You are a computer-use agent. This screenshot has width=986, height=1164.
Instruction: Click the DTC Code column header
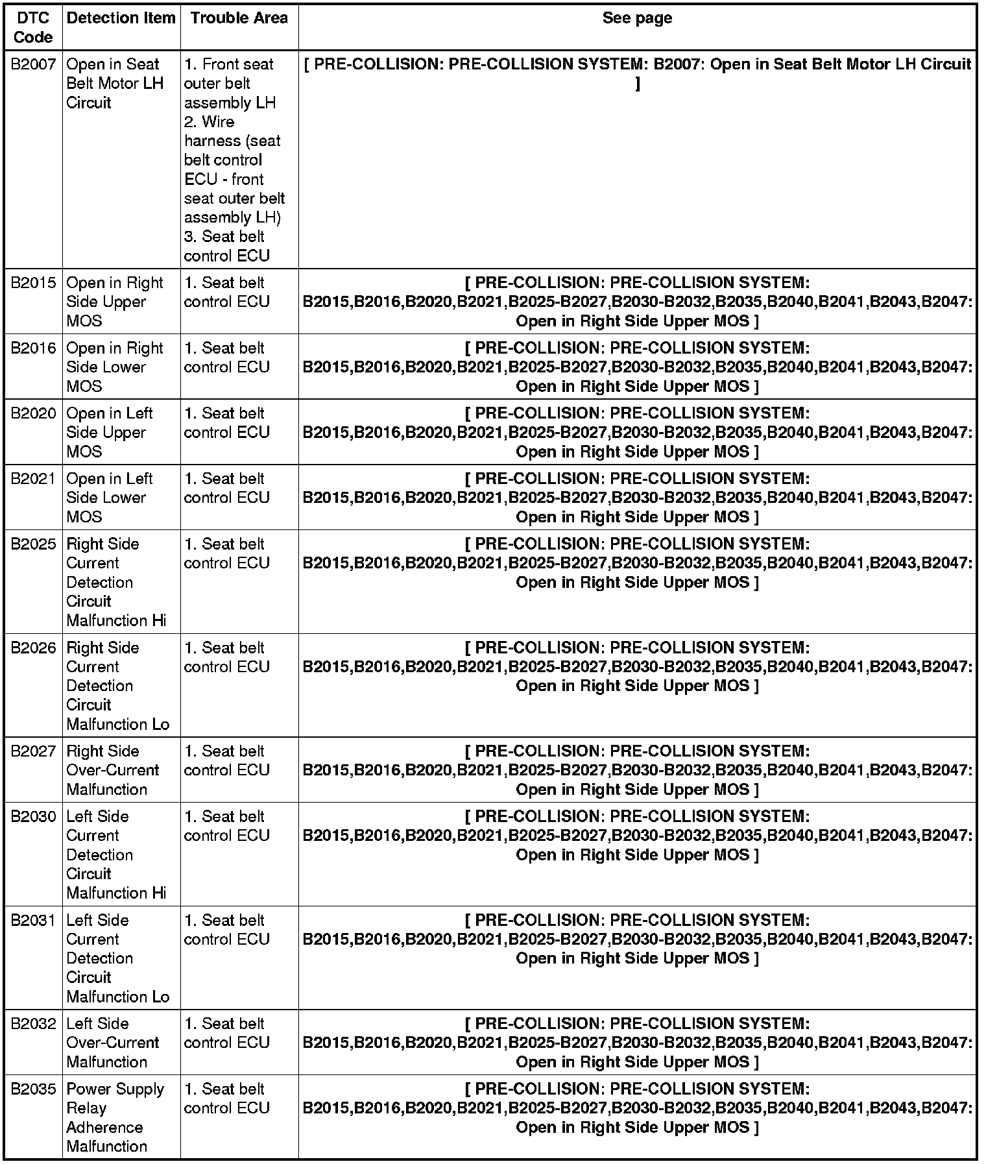pyautogui.click(x=32, y=27)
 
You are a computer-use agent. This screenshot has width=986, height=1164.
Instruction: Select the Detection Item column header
pyautogui.click(x=121, y=18)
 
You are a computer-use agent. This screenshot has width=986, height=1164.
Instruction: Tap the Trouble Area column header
pyautogui.click(x=239, y=18)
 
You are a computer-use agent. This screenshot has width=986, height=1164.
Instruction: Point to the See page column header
pyautogui.click(x=636, y=18)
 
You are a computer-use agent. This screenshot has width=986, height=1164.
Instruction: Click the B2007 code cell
pyautogui.click(x=33, y=64)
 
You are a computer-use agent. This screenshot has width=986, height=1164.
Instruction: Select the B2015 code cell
pyautogui.click(x=33, y=283)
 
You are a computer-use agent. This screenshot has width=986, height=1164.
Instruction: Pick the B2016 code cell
pyautogui.click(x=33, y=348)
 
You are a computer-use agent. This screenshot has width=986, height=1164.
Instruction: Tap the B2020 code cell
pyautogui.click(x=33, y=413)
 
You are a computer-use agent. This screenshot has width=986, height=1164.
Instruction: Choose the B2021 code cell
pyautogui.click(x=33, y=479)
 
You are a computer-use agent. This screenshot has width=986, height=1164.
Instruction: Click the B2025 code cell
pyautogui.click(x=33, y=544)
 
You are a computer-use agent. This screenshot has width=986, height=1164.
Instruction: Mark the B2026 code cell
pyautogui.click(x=33, y=648)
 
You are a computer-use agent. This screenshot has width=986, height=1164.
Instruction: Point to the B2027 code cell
pyautogui.click(x=33, y=751)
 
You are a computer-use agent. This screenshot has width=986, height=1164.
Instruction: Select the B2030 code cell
pyautogui.click(x=33, y=816)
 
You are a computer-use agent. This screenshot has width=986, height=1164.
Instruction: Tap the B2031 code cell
pyautogui.click(x=33, y=920)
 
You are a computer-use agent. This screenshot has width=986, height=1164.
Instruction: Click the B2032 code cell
pyautogui.click(x=33, y=1024)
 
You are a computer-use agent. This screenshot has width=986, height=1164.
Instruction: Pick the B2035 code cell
pyautogui.click(x=33, y=1089)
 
